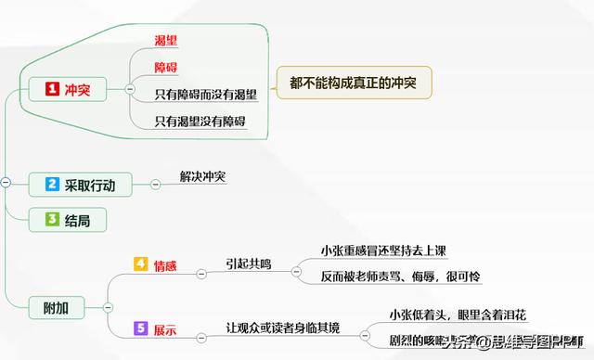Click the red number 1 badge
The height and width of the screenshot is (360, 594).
53,89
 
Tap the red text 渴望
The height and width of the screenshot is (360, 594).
167,40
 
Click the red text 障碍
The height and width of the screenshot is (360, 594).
167,67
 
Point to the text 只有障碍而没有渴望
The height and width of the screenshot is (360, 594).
206,93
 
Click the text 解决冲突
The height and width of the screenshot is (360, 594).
203,176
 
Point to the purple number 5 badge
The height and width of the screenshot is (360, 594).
141,328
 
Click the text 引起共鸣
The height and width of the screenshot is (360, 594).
249,264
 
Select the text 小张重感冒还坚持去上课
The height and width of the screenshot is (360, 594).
384,251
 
